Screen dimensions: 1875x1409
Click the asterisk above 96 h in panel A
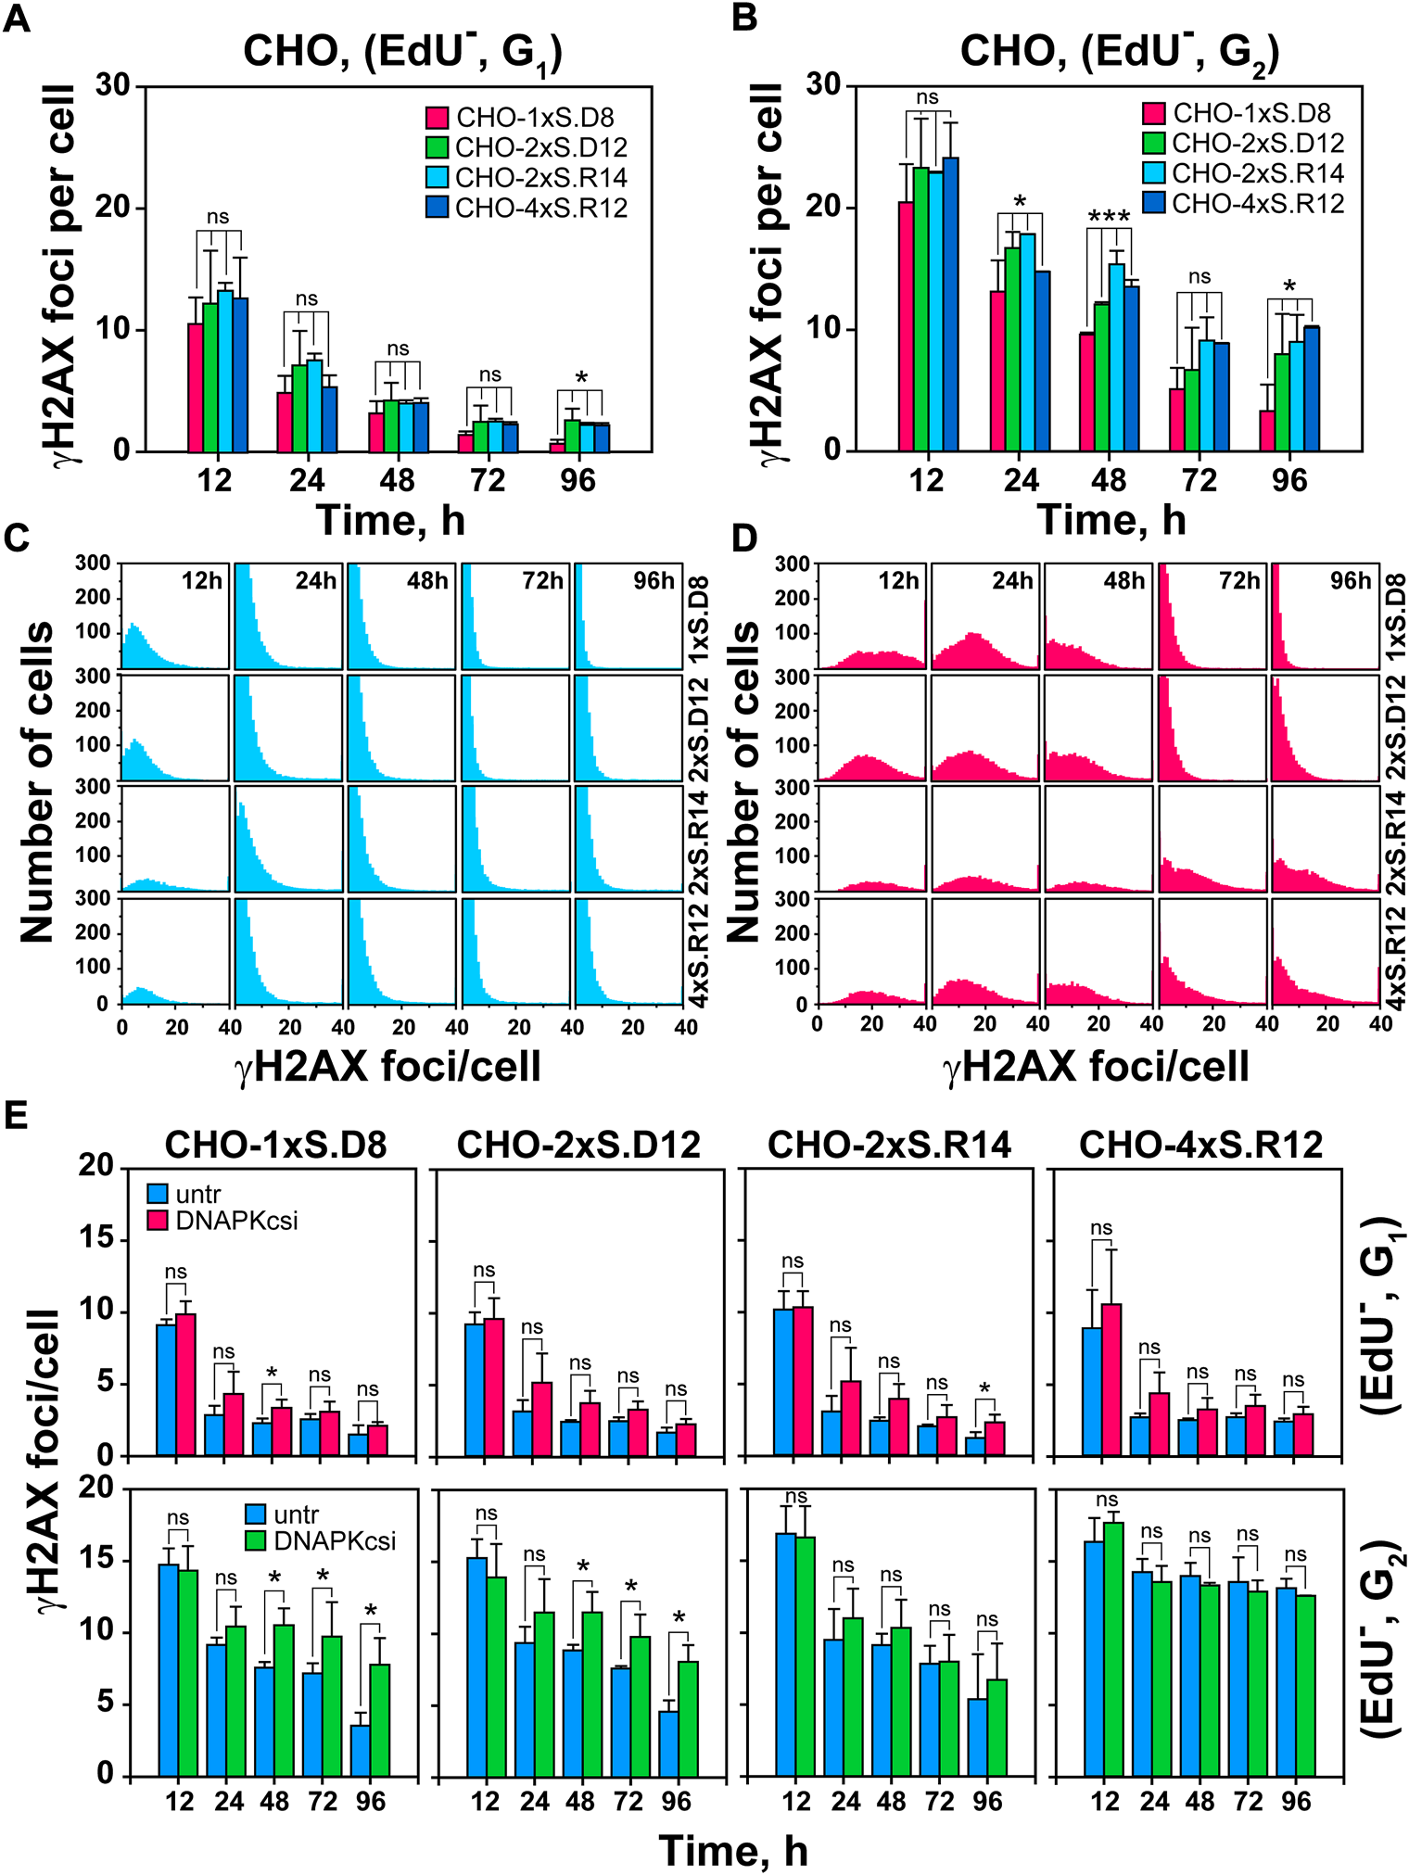click(x=581, y=378)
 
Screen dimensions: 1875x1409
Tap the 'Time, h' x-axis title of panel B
click(x=1111, y=520)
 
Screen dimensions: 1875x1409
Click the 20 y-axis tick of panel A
click(x=116, y=208)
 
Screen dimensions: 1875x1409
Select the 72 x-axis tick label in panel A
click(x=488, y=480)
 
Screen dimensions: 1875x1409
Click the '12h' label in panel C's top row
click(x=201, y=581)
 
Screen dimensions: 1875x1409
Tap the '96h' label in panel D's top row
click(x=1350, y=581)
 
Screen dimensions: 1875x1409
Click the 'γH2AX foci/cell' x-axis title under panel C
click(x=387, y=1067)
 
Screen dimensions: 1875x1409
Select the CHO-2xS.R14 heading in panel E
click(x=889, y=1147)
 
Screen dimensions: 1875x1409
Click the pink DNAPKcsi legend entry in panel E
click(x=235, y=1221)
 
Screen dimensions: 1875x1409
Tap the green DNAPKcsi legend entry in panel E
click(x=334, y=1541)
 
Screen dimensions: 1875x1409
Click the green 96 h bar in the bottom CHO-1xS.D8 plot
click(x=380, y=1720)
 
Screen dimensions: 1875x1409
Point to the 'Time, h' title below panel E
click(x=733, y=1851)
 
